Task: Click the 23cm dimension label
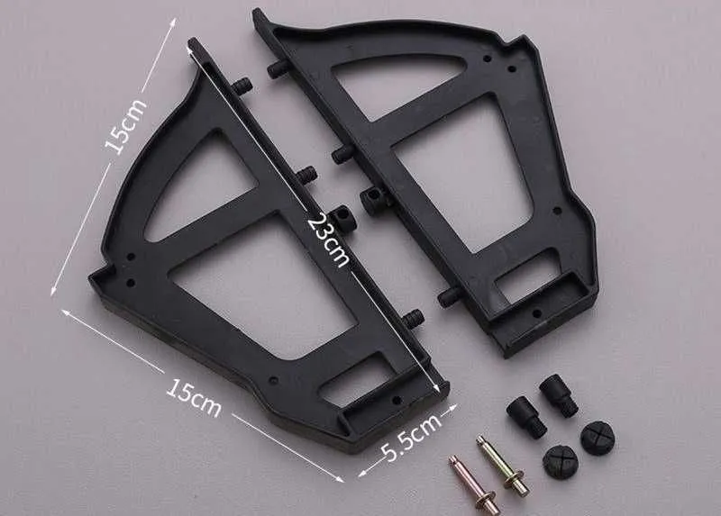click(x=328, y=239)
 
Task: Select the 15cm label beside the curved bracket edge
click(x=124, y=125)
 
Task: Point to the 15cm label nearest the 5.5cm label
click(x=193, y=398)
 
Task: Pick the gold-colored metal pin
click(x=502, y=466)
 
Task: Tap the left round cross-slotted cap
click(x=560, y=462)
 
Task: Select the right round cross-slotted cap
click(x=598, y=438)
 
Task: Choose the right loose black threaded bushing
click(x=559, y=395)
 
